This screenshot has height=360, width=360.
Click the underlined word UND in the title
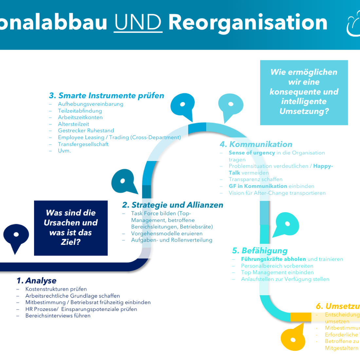[138, 22]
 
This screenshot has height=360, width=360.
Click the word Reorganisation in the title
[248, 22]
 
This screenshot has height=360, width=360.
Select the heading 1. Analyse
[37, 281]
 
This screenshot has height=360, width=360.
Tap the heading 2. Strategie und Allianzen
[172, 205]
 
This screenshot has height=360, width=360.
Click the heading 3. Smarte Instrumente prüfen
[106, 96]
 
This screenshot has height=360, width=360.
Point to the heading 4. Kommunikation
[256, 144]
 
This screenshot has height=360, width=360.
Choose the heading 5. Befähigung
[260, 251]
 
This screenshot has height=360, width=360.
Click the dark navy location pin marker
[16, 236]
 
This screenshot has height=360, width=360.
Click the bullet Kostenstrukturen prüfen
[56, 289]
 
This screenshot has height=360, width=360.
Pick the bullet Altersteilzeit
[73, 124]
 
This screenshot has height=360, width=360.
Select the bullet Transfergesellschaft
[83, 144]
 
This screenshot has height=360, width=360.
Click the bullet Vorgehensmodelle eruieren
[167, 233]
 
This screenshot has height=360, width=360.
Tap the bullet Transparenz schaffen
[255, 179]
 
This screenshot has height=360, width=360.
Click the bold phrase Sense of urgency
[252, 153]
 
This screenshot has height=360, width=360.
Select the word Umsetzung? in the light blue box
[304, 111]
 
